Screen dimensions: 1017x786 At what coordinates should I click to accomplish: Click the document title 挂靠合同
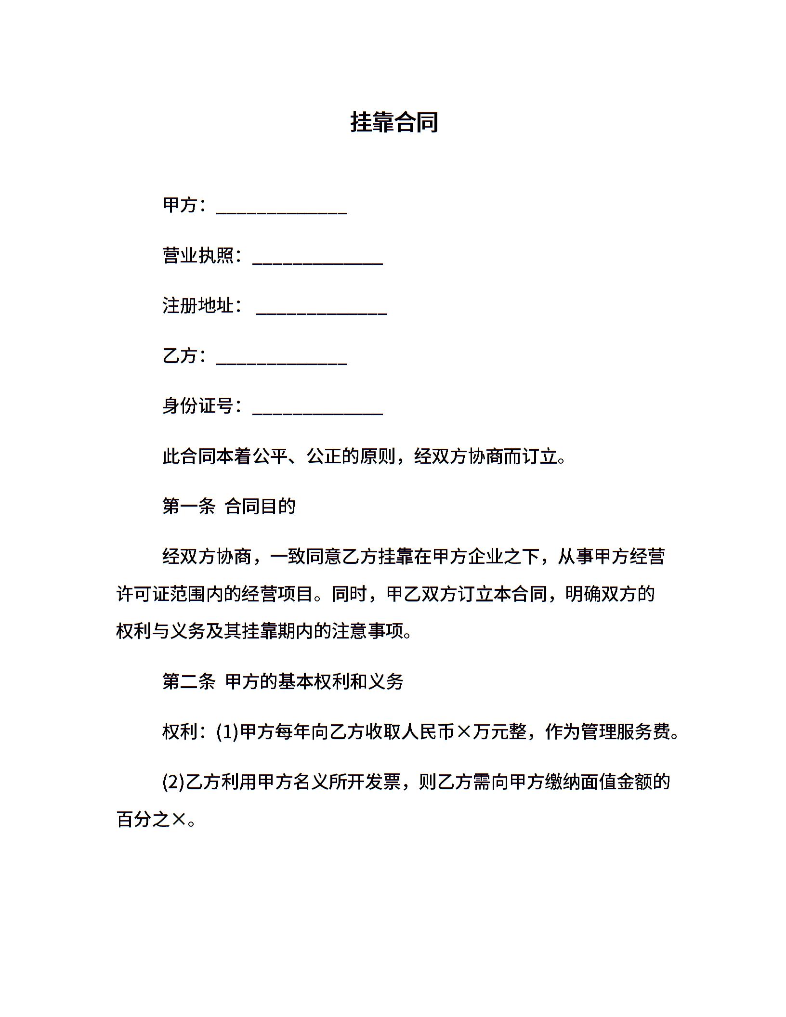tap(394, 122)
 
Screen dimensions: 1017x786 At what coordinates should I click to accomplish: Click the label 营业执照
tap(198, 255)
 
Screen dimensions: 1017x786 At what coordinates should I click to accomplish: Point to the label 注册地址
tap(198, 305)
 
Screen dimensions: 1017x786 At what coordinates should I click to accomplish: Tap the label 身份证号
tap(198, 405)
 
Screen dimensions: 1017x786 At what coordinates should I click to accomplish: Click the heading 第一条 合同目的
tap(229, 506)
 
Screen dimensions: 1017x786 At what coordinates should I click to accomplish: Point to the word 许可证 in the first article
tap(144, 594)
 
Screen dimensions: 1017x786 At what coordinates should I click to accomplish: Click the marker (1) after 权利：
tap(227, 732)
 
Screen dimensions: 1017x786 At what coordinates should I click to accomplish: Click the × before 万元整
tap(463, 732)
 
